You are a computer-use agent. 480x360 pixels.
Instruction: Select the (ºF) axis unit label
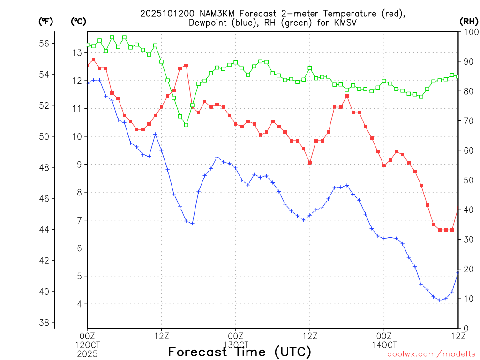[45, 21]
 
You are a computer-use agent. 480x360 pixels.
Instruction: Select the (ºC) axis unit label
[78, 21]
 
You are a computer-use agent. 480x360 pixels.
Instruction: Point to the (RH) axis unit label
[468, 21]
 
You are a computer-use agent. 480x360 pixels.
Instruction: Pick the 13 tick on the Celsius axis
[77, 53]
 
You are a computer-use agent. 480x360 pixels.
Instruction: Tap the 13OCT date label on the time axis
[235, 345]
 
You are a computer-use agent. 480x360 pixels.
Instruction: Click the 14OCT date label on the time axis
[384, 345]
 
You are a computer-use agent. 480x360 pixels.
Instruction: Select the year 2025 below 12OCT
[87, 354]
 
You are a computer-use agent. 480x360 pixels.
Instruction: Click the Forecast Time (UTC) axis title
[240, 352]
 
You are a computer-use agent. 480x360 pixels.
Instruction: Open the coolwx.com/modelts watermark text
[431, 354]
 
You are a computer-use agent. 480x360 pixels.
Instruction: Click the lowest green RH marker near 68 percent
[186, 125]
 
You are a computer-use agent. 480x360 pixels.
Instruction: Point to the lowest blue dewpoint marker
[440, 300]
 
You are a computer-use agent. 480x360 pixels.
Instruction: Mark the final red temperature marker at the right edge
[458, 207]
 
